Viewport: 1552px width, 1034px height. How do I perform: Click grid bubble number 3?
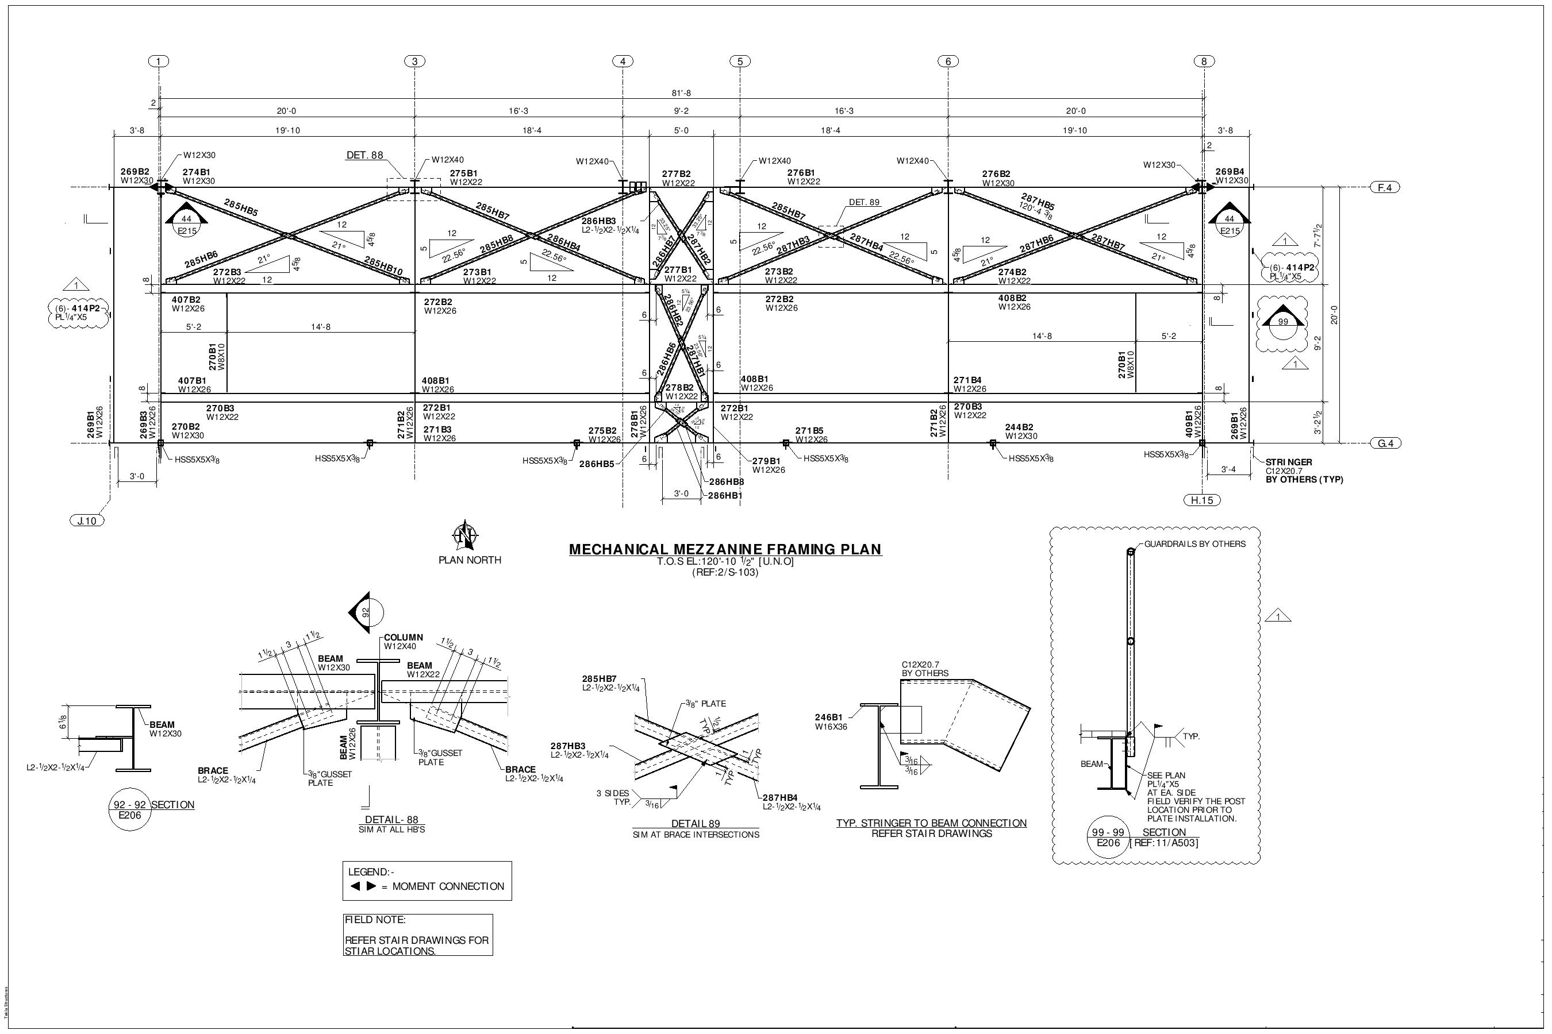tap(414, 61)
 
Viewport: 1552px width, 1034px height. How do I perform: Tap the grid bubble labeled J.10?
tap(86, 521)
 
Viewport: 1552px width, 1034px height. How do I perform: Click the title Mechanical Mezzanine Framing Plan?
tap(724, 549)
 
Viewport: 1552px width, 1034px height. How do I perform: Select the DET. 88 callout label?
tap(364, 156)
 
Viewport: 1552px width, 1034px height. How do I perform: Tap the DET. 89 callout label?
tap(864, 202)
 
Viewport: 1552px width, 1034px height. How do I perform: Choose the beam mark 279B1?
tap(766, 461)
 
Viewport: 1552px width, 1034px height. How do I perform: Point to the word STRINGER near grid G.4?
tap(1288, 462)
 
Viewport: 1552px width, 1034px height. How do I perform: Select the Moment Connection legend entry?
tap(427, 886)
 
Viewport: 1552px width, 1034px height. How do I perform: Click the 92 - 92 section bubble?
tap(128, 810)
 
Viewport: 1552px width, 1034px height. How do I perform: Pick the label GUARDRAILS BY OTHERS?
tap(1194, 544)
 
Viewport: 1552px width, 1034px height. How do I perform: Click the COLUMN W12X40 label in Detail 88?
tap(403, 642)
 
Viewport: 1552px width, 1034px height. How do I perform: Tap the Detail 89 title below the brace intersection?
tap(695, 823)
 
